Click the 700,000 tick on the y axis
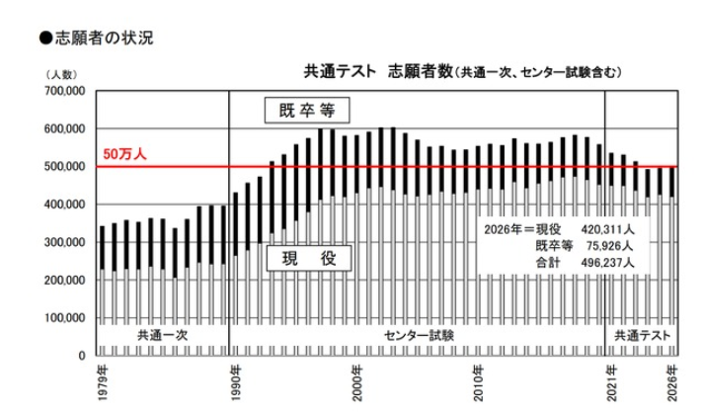(65, 91)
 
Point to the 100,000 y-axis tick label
(65, 317)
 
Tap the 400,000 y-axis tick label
(65, 205)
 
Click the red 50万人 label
(124, 156)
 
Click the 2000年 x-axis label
(356, 381)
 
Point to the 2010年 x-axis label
(478, 381)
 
